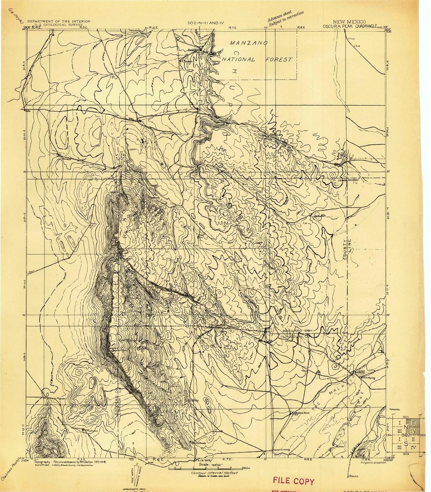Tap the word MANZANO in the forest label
[x=248, y=43]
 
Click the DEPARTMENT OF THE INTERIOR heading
[x=59, y=21]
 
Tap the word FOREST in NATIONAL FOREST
[x=279, y=60]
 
